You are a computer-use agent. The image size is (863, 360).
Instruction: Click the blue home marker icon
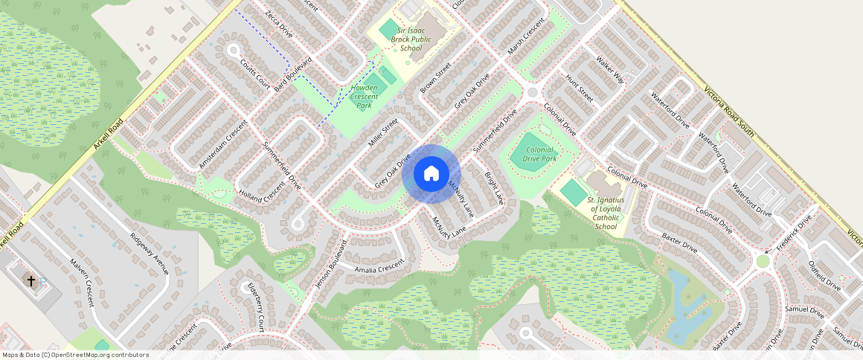[x=431, y=175]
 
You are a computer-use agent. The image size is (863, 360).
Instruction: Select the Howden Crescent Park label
[x=364, y=97]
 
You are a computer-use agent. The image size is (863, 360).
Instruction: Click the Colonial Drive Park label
[x=539, y=153]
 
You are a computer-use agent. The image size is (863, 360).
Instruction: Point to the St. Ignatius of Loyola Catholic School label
[x=606, y=213]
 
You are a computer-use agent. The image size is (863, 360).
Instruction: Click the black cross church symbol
[x=31, y=281]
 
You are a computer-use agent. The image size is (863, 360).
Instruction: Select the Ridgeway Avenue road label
[x=150, y=254]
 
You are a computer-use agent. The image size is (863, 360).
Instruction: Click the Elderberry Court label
[x=256, y=307]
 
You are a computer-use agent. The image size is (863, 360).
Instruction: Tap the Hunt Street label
[x=578, y=88]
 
